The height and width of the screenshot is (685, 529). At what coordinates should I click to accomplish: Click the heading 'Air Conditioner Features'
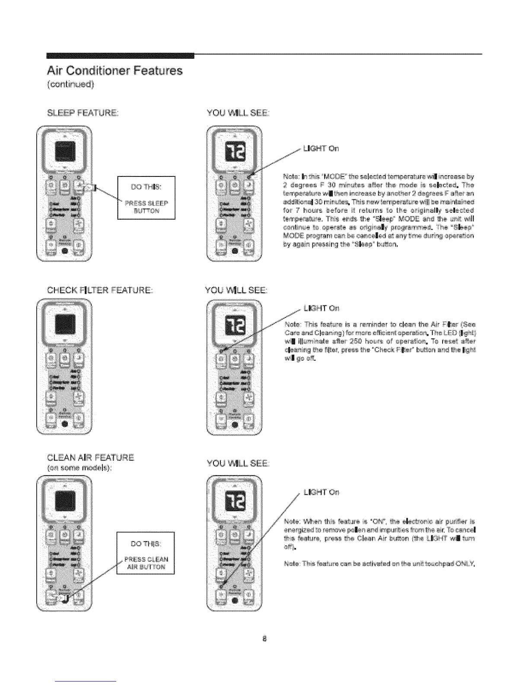[x=115, y=70]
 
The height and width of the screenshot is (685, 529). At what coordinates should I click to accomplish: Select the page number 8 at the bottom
[x=264, y=638]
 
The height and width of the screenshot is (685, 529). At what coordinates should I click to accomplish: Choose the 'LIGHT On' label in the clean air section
[x=322, y=492]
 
